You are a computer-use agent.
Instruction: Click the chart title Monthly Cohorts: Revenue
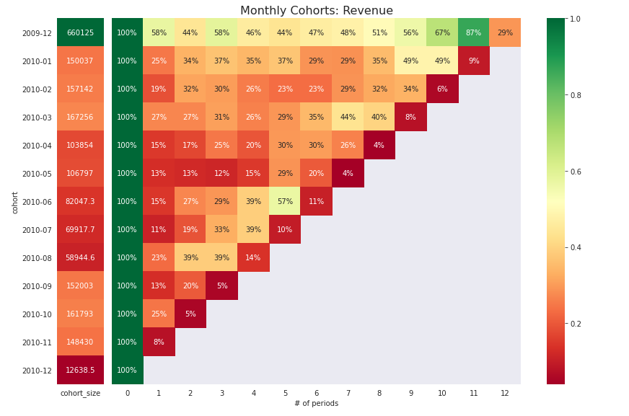tap(316, 11)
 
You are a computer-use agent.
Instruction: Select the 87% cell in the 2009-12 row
tap(473, 33)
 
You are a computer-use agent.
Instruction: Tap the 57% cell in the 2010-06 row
tap(285, 202)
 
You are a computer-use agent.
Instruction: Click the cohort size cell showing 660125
tap(80, 33)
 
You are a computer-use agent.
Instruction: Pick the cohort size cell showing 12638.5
tap(80, 371)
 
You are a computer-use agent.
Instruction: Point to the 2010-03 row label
tap(37, 118)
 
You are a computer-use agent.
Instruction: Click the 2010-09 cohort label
tap(37, 286)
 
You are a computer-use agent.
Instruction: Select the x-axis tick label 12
tap(505, 393)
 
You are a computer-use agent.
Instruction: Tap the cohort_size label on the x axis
tap(80, 393)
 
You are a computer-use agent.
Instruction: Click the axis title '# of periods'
tap(316, 404)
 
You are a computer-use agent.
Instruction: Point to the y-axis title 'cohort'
tap(15, 202)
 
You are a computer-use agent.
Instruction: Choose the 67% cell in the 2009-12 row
tap(442, 33)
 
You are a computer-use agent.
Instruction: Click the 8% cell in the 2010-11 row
tap(159, 342)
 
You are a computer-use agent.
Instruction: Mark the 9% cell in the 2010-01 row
tap(473, 61)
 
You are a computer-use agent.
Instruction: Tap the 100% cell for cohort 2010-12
tap(127, 371)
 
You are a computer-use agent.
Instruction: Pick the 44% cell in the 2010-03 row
tap(348, 118)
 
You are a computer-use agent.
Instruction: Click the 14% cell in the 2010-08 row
tap(253, 258)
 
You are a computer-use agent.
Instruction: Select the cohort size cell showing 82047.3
tap(80, 202)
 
